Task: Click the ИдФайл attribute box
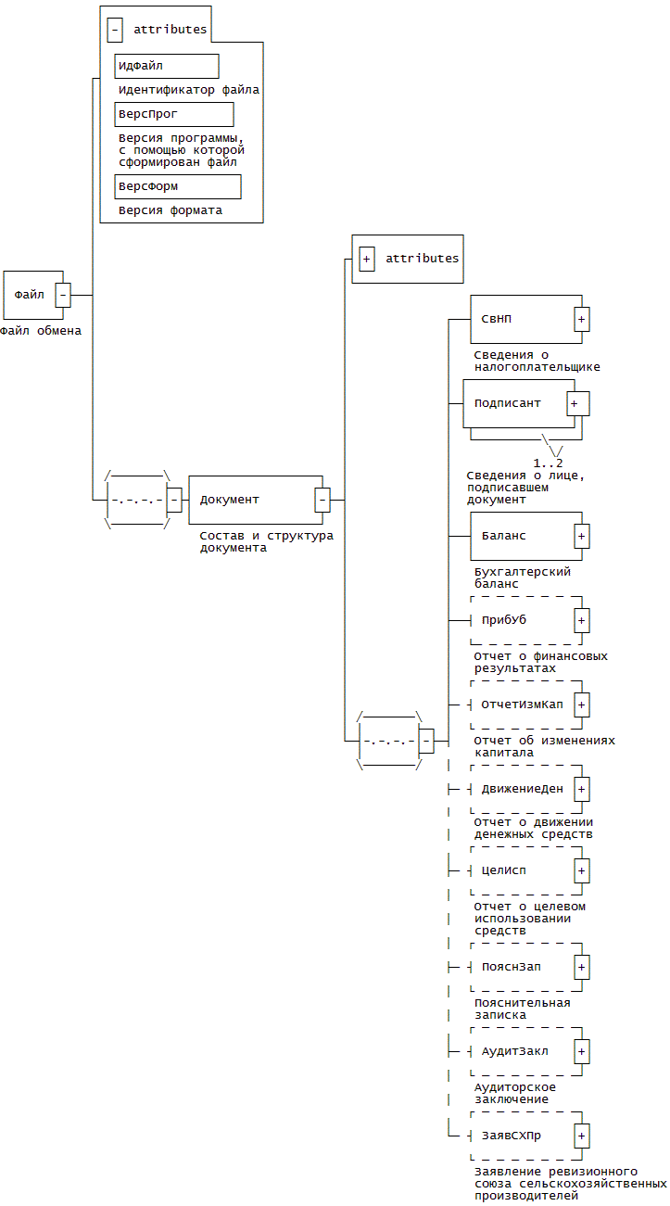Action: [x=167, y=66]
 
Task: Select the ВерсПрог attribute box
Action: [x=173, y=114]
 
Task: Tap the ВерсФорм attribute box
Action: [x=177, y=186]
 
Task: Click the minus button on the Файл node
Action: [x=63, y=295]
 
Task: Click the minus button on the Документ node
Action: [x=322, y=500]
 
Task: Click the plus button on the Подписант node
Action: [x=575, y=403]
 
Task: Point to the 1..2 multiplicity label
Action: [x=548, y=462]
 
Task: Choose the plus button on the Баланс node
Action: [x=582, y=536]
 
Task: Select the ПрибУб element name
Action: [x=504, y=620]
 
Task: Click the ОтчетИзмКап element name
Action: [x=522, y=704]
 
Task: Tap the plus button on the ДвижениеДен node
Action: [x=582, y=789]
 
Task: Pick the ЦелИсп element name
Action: [x=504, y=870]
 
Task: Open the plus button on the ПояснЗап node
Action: [x=582, y=967]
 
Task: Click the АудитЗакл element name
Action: [x=514, y=1051]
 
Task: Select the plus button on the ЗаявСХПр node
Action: [x=582, y=1136]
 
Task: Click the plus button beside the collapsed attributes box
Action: [x=367, y=259]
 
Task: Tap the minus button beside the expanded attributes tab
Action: [x=115, y=30]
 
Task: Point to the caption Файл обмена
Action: [x=41, y=330]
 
